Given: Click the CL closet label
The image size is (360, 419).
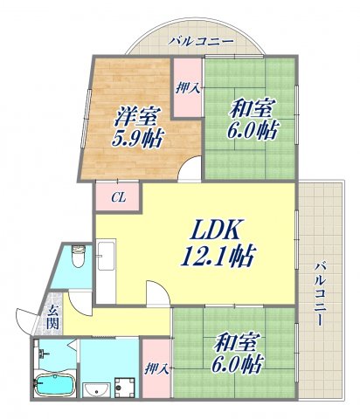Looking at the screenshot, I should (117, 197).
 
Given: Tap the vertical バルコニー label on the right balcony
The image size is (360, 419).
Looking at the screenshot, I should (321, 293).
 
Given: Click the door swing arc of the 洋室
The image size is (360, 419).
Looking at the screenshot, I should (189, 170).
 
